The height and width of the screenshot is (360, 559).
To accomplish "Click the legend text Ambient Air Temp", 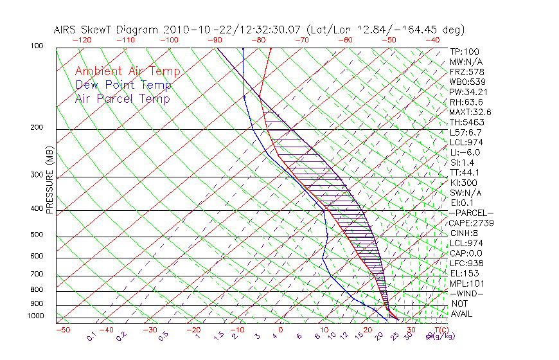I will [127, 71].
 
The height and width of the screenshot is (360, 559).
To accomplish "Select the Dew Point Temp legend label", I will [123, 85].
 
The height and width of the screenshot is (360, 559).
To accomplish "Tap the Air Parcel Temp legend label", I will [122, 98].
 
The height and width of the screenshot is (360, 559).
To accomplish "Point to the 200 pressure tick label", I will [37, 127].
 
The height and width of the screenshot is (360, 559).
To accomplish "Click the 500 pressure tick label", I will [37, 235].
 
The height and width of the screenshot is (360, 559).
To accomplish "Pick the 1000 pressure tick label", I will [35, 316].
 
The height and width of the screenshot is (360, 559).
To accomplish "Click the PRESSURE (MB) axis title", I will [50, 187].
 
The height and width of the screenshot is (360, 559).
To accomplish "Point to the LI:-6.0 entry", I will [465, 152].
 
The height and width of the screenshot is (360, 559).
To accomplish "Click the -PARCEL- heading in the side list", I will [472, 213].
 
